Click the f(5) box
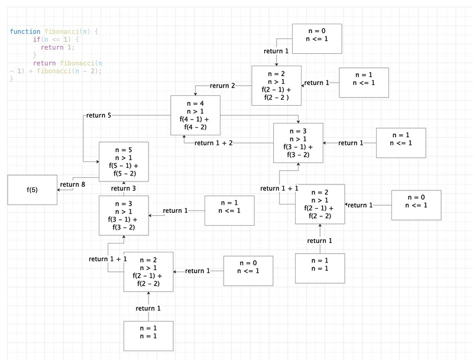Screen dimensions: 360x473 pyautogui.click(x=32, y=190)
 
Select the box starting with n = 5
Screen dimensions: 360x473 pyautogui.click(x=124, y=161)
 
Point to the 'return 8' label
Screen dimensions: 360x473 pyautogui.click(x=73, y=184)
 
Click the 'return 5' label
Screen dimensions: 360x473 pyautogui.click(x=98, y=115)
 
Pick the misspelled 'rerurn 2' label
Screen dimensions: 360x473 pyautogui.click(x=222, y=86)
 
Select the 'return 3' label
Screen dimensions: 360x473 pyautogui.click(x=124, y=189)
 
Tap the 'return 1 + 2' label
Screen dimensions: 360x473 pyautogui.click(x=213, y=143)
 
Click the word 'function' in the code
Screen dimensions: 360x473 pyautogui.click(x=25, y=31)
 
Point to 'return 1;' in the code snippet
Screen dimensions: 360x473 pyautogui.click(x=58, y=47)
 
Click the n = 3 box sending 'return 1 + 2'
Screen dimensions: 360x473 pyautogui.click(x=298, y=142)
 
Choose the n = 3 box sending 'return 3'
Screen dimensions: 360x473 pyautogui.click(x=124, y=215)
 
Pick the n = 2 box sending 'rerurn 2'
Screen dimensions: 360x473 pyautogui.click(x=277, y=85)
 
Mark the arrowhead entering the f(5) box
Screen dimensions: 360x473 pyautogui.click(x=59, y=190)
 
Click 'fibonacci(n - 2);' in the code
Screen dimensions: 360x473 pyautogui.click(x=69, y=71)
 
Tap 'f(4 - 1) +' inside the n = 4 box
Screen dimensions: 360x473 pyautogui.click(x=195, y=118)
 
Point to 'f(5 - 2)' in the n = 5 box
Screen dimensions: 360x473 pyautogui.click(x=124, y=174)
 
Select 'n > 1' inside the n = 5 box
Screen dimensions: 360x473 pyautogui.click(x=124, y=157)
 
